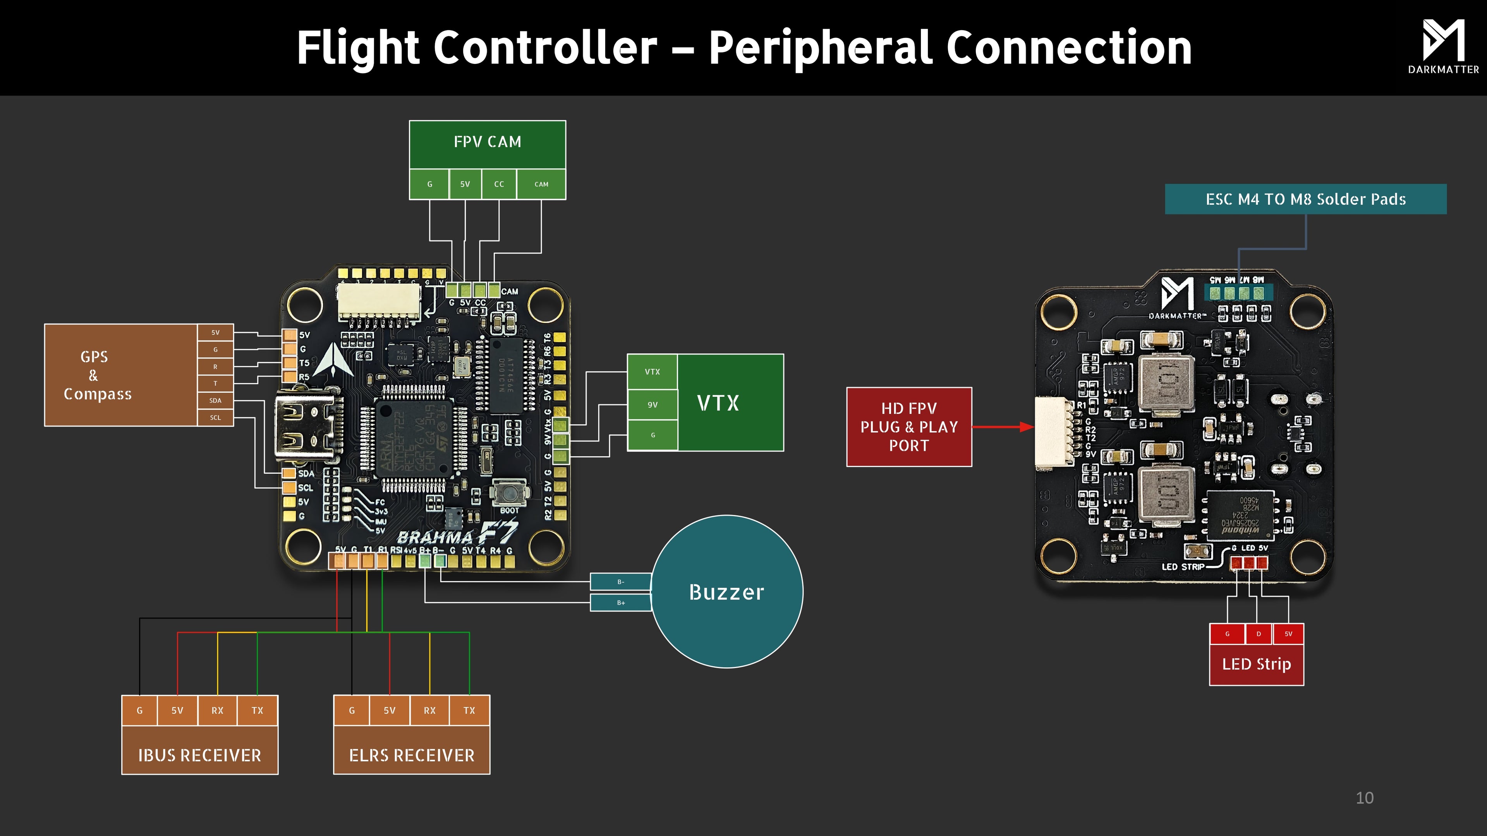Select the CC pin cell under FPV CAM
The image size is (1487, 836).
499,184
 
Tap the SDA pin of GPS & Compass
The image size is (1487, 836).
215,401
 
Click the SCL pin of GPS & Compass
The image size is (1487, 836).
215,418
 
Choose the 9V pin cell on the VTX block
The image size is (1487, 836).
652,405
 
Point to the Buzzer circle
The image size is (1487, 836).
727,592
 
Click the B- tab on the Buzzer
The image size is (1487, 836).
620,582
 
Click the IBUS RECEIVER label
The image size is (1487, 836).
200,755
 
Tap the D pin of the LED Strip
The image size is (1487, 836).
1259,634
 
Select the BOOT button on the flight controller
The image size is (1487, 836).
509,494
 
